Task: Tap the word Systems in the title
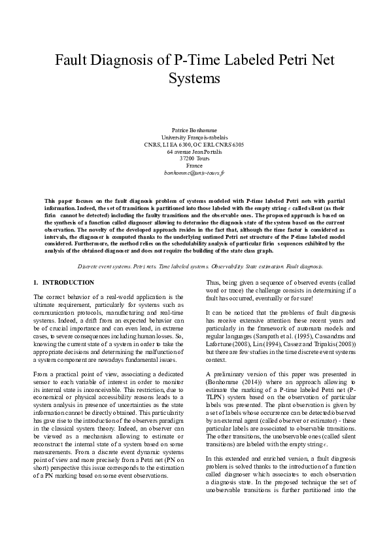(194, 79)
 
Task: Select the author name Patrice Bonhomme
(194, 131)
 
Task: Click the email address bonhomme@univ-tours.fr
(194, 173)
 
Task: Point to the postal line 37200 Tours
(194, 159)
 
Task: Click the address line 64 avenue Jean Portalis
(194, 152)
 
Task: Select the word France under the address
(194, 166)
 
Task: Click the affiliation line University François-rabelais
(194, 137)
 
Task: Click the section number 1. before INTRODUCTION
(35, 282)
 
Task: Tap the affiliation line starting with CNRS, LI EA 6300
(194, 145)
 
